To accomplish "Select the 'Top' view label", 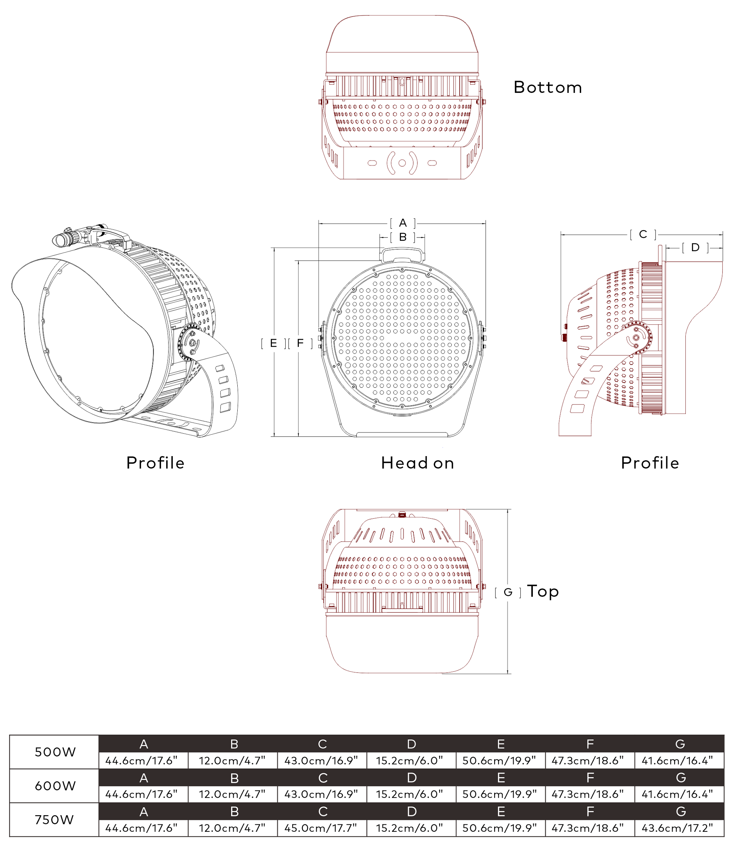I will coord(543,591).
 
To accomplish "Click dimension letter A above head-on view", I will coord(403,223).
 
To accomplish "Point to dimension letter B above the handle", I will coord(403,237).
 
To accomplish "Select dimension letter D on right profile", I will coord(695,248).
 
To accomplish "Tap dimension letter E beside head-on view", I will coord(273,343).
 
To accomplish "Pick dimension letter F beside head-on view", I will coord(300,343).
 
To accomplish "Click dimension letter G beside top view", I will coord(508,592).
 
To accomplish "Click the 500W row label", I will coord(55,752).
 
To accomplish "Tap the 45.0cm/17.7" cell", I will coord(321,828).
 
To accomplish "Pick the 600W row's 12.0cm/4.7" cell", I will coord(233,794).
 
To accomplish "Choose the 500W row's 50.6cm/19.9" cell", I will coord(500,760).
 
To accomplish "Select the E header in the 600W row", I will coord(500,778).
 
